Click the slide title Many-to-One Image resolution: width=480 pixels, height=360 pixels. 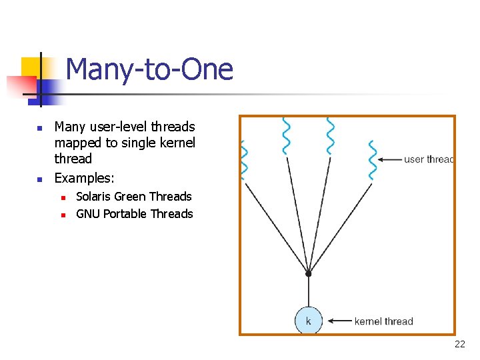149,69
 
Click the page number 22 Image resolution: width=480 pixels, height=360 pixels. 459,344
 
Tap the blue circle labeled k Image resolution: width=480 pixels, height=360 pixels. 308,321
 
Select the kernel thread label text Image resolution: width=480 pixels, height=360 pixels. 383,321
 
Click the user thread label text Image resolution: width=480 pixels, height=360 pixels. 428,159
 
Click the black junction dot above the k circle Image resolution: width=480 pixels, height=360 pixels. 308,273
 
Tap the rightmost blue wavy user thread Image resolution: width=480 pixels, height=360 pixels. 372,160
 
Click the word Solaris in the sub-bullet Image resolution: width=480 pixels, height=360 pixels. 93,197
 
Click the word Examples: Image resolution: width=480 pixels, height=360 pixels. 84,178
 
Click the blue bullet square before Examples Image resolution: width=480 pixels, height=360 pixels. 39,179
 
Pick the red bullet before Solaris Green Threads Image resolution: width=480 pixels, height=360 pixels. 61,197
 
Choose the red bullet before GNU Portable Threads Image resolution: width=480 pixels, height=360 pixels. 61,215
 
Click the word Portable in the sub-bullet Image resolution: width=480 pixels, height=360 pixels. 125,214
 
